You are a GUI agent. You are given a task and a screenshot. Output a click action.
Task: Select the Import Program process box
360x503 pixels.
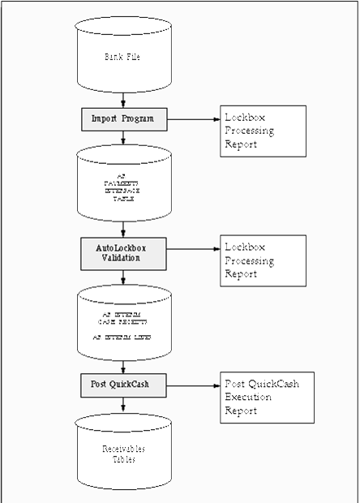click(x=123, y=118)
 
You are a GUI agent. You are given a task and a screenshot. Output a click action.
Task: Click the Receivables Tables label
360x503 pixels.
click(x=122, y=454)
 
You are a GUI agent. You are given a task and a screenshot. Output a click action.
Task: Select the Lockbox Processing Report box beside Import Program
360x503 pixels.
click(x=263, y=131)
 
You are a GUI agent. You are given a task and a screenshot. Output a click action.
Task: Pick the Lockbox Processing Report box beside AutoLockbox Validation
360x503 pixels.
click(x=263, y=260)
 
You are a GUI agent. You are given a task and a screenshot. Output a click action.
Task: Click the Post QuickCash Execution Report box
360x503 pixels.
click(x=267, y=397)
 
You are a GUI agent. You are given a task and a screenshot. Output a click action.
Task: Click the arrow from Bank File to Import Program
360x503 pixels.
click(x=123, y=101)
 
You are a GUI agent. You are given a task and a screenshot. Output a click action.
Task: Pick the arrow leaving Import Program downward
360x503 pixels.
click(x=123, y=138)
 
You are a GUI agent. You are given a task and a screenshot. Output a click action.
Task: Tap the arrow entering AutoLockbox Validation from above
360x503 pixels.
click(x=123, y=230)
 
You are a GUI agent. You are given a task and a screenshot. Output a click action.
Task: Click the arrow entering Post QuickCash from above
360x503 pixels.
click(x=123, y=367)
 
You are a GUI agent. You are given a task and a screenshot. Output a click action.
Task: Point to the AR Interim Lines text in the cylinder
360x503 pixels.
click(x=122, y=335)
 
